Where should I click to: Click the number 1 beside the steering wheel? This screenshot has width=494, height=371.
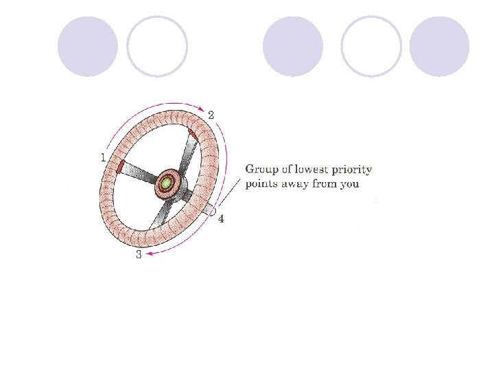[x=103, y=157]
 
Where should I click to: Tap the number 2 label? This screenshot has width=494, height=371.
[x=211, y=115]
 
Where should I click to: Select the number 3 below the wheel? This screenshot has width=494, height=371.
[x=139, y=255]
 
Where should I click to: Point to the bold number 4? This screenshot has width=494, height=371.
[x=221, y=219]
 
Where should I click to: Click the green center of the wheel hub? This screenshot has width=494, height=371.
[x=165, y=183]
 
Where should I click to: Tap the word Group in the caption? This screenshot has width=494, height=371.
[x=261, y=170]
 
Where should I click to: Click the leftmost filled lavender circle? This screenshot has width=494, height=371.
[x=88, y=46]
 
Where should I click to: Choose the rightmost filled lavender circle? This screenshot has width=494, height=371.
[x=439, y=46]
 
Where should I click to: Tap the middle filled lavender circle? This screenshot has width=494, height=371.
[x=293, y=46]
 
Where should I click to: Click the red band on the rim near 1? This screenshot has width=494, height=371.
[x=119, y=166]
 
